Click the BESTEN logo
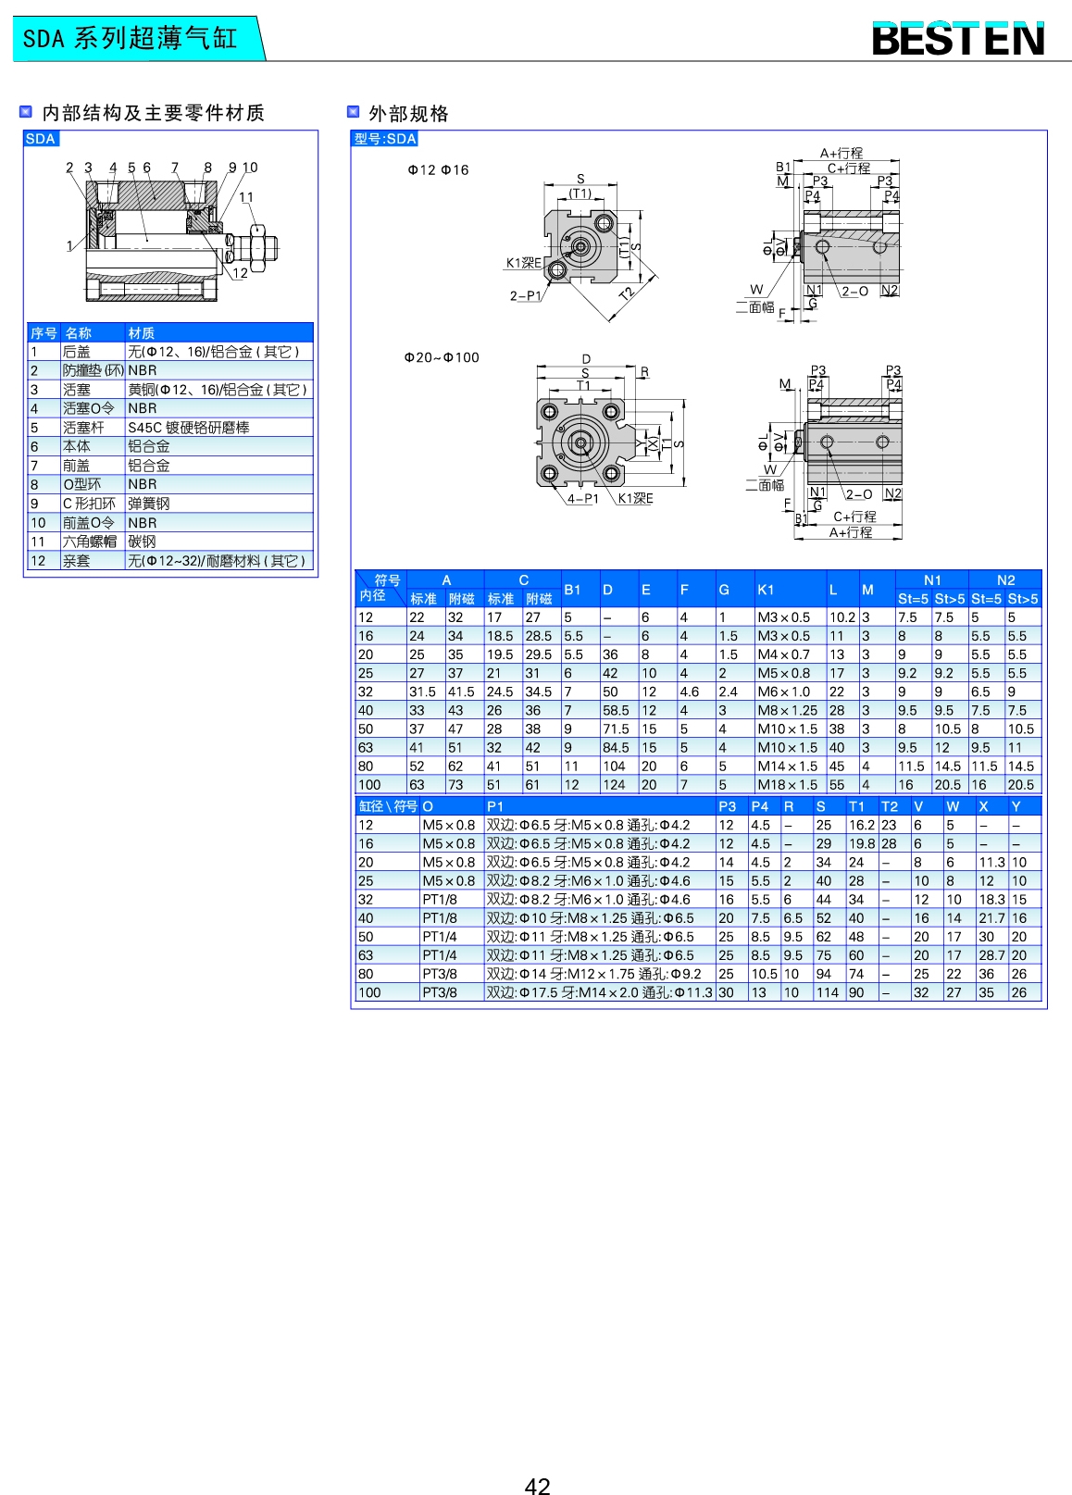[958, 39]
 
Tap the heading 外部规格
[408, 113]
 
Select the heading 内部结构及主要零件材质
[154, 113]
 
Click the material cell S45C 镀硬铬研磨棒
[189, 428]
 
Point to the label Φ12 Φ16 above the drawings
[438, 170]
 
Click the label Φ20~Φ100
[442, 357]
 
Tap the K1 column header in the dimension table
[766, 590]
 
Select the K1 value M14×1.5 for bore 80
[787, 766]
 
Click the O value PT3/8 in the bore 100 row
[440, 992]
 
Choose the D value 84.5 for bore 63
[615, 748]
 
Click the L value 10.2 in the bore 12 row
[841, 617]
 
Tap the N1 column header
[931, 580]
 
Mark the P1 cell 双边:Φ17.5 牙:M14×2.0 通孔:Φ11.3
[599, 992]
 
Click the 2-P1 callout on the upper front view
[525, 296]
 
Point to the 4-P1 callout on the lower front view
[583, 499]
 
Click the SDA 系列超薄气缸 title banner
[131, 39]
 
